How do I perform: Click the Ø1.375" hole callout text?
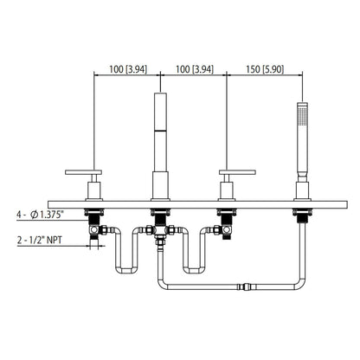[51, 210]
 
